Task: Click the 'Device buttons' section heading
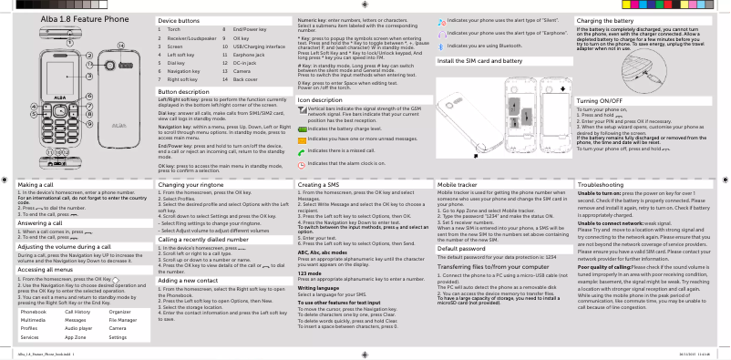point(179,19)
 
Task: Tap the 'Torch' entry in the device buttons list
point(173,30)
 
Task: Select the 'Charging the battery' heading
point(622,19)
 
